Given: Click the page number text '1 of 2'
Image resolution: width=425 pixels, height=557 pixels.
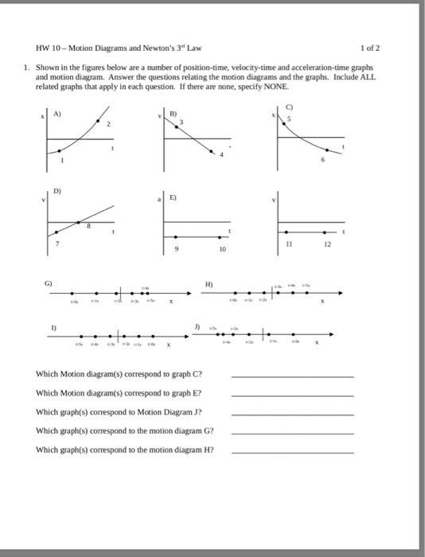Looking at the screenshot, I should coord(370,47).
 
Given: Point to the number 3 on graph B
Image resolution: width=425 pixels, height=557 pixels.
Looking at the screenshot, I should coord(182,122).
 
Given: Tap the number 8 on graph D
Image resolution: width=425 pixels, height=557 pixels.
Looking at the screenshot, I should coord(88,228).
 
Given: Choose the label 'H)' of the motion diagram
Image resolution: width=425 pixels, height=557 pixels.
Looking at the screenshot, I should coord(209,283).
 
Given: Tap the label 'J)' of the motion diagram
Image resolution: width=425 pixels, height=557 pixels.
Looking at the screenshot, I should coord(197,326).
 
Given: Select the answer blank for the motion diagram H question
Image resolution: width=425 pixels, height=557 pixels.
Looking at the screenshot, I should coord(291,450).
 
